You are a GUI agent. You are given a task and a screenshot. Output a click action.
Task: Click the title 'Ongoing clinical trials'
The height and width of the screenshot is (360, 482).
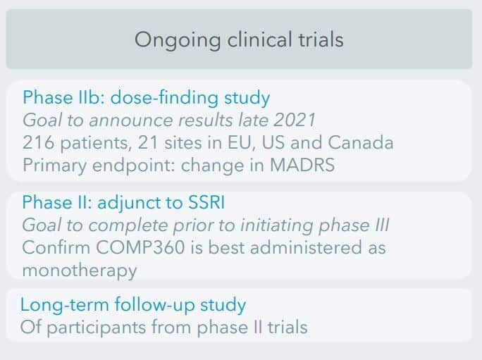coord(239,40)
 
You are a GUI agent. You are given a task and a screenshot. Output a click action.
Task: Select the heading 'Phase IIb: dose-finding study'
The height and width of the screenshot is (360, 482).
coord(147,99)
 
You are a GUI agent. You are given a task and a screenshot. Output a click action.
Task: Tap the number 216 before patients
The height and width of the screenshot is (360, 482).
coord(39,142)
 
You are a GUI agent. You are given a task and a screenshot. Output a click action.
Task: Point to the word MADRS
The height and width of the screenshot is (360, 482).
coord(302,165)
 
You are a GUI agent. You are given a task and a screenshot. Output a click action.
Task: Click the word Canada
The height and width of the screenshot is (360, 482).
coord(361,142)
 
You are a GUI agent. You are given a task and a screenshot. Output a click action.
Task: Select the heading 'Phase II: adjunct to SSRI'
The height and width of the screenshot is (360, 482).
coord(123,203)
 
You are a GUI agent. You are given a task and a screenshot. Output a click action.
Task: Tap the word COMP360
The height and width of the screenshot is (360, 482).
coord(140,247)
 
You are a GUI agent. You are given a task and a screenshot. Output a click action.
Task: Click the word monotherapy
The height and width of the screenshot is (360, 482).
coord(80,271)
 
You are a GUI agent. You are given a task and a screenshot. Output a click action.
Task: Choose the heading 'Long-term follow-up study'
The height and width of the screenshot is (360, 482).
coord(133,305)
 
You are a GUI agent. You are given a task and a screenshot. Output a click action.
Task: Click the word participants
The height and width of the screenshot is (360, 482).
coord(97,328)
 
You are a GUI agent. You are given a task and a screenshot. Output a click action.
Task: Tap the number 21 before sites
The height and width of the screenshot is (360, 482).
coord(148,142)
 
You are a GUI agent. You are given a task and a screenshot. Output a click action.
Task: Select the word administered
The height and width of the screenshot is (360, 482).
coord(306,247)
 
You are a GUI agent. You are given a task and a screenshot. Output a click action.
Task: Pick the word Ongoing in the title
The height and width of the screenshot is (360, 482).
coord(178,40)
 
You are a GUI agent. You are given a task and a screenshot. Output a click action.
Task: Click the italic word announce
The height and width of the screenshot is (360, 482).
coord(131,120)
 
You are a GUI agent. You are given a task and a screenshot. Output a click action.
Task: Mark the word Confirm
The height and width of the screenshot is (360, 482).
coord(56,247)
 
